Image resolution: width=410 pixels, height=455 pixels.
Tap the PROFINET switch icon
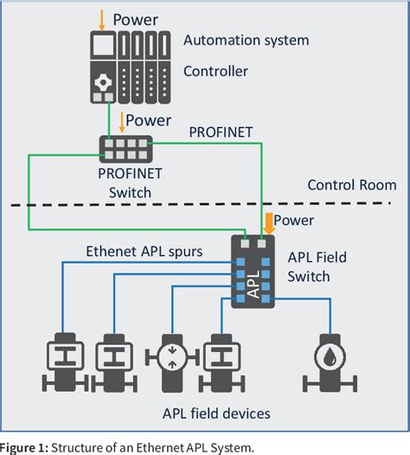point(125,146)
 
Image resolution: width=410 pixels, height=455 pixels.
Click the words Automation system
point(246,40)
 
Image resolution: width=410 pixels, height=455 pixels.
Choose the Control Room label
point(352,184)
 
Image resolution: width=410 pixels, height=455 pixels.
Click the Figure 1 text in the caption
point(22,445)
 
